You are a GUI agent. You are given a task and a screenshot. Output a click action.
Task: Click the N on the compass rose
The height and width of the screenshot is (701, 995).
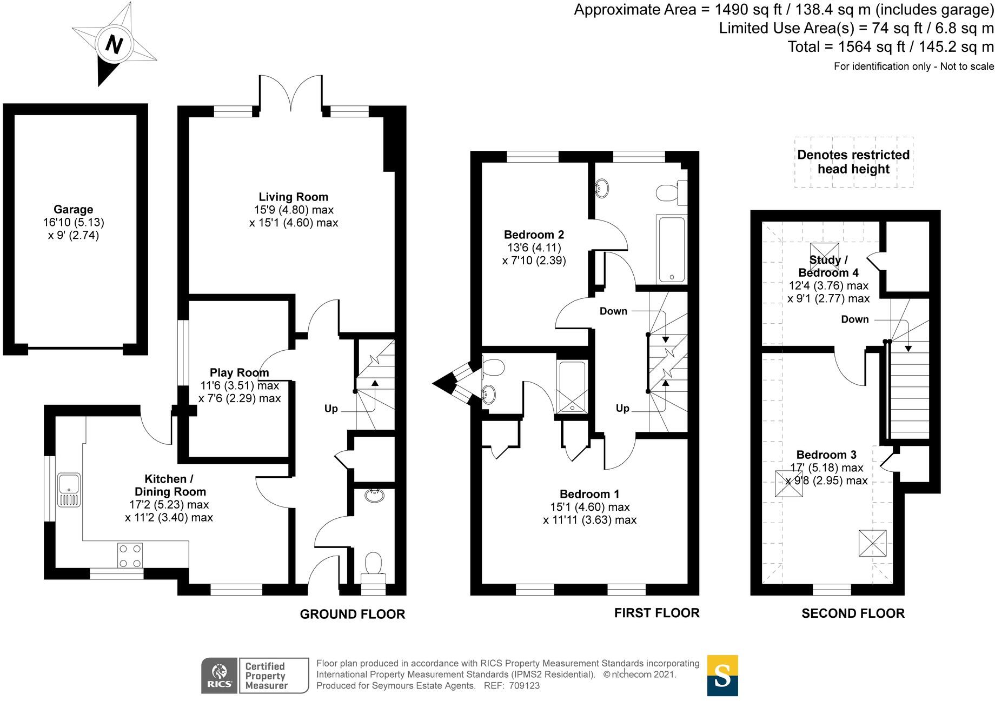[114, 44]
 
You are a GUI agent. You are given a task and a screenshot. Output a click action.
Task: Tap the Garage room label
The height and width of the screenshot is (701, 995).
[74, 209]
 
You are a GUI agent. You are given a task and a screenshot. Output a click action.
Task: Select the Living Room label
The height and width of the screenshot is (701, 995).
[293, 197]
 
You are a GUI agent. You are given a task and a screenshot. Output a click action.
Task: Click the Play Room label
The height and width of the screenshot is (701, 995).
[239, 372]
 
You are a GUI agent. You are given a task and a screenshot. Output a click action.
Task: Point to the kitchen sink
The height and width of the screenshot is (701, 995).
[69, 490]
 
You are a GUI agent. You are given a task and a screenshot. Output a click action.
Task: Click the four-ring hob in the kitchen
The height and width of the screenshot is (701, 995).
[131, 555]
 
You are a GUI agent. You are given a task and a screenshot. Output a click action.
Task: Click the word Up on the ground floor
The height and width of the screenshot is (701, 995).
[331, 409]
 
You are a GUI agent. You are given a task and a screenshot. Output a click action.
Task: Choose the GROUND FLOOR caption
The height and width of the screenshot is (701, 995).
[353, 614]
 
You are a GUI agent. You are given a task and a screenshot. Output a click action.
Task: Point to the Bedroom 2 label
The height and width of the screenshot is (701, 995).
[534, 235]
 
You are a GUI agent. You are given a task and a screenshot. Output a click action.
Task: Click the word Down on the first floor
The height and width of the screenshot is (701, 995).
[613, 311]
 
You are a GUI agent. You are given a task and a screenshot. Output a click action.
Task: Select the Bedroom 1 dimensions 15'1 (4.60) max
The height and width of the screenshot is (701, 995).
[590, 507]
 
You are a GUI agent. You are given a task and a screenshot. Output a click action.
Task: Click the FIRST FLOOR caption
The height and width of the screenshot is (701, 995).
[657, 613]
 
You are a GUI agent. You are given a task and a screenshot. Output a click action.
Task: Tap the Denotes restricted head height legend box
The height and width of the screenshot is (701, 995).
[853, 162]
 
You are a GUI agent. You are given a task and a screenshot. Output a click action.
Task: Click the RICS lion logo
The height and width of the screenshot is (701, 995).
[219, 675]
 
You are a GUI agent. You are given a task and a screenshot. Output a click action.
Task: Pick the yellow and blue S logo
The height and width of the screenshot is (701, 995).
[722, 676]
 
